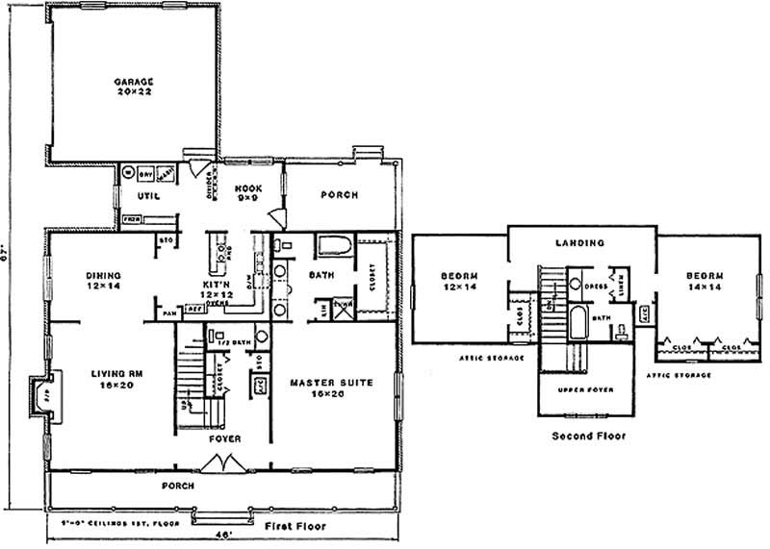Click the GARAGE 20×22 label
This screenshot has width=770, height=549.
(134, 87)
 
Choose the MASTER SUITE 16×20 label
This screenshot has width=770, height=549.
(330, 387)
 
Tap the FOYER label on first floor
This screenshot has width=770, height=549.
(224, 438)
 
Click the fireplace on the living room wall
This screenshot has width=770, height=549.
(38, 394)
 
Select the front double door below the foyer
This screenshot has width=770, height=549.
(227, 464)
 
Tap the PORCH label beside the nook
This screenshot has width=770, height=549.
(339, 195)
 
